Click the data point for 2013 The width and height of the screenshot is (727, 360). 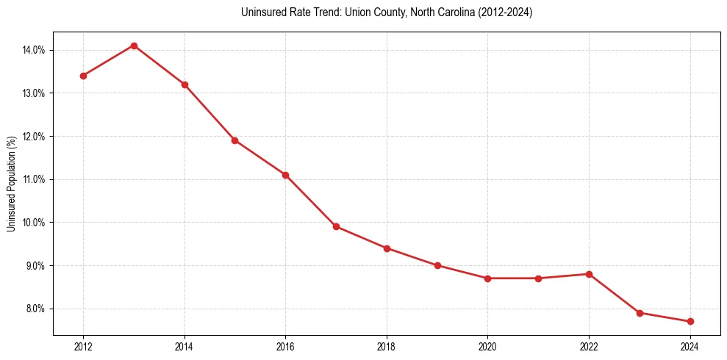134,46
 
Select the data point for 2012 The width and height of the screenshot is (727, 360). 83,76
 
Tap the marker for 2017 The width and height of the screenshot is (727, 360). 336,226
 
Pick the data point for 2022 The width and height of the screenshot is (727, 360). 590,274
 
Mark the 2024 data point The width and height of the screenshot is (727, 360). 690,322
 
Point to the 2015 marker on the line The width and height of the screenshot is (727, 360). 234,140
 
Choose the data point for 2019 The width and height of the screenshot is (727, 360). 437,265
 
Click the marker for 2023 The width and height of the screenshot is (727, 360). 640,313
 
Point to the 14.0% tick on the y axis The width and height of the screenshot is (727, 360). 35,50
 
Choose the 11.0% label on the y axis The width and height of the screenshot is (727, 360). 35,179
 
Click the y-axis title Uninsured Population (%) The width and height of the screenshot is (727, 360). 11,184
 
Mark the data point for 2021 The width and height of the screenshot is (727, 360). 539,278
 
